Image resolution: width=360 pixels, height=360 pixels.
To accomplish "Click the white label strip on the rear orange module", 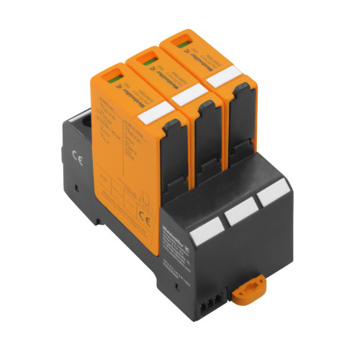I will (x=226, y=76).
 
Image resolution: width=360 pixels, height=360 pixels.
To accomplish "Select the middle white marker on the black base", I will (x=237, y=215).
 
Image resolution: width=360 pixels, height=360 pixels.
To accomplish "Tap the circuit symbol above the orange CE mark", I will (x=145, y=202).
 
